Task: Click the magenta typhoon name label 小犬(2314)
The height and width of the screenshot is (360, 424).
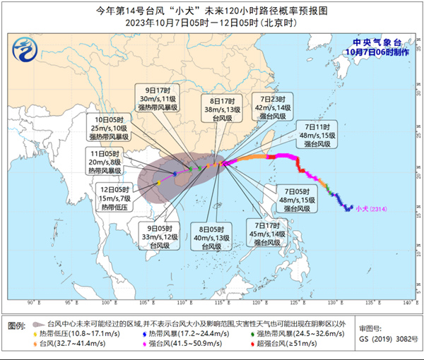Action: pos(370,208)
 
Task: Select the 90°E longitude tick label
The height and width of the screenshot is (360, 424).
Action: pos(30,301)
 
